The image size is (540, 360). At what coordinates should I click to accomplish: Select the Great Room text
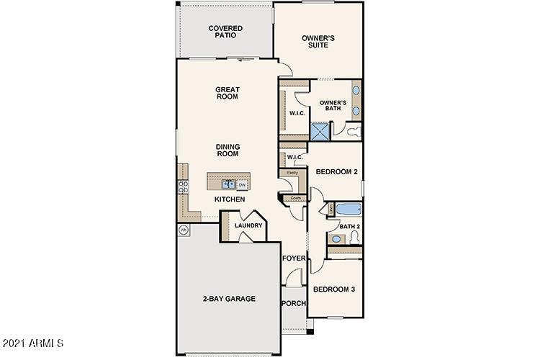coord(227,94)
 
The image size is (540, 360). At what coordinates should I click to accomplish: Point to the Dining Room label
coord(228,150)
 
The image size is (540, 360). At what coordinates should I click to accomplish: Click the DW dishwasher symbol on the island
coord(243,184)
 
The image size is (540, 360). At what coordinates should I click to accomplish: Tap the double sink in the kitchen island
coord(228,184)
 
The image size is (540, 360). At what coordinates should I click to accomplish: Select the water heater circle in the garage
coord(184,230)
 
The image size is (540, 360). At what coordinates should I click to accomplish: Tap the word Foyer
coord(293,258)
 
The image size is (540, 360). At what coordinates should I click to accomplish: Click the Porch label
coord(293,303)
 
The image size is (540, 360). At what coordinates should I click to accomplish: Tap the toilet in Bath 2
coord(336,239)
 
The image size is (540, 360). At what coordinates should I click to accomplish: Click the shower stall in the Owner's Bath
coord(319,131)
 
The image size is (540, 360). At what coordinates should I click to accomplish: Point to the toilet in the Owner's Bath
coord(352,132)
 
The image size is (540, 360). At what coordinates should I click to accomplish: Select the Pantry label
coord(292,173)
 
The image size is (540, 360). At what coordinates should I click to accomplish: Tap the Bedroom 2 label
coord(337,171)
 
